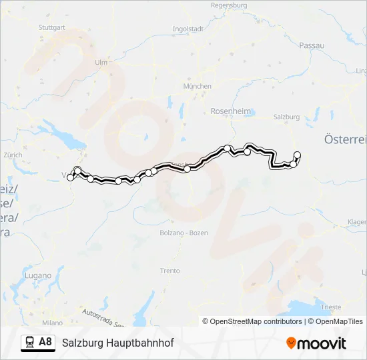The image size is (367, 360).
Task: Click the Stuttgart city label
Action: pyautogui.click(x=52, y=27)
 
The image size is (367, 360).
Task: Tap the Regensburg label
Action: pyautogui.click(x=229, y=5)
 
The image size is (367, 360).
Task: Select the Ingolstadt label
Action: pyautogui.click(x=188, y=29)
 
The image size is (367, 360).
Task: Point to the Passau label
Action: pyautogui.click(x=312, y=45)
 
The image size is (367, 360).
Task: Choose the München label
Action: pyautogui.click(x=198, y=86)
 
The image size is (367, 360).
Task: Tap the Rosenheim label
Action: pyautogui.click(x=229, y=111)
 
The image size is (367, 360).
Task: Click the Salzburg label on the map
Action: pyautogui.click(x=286, y=116)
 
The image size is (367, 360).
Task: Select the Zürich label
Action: pyautogui.click(x=13, y=155)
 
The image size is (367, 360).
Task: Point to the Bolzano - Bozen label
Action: pyautogui.click(x=184, y=233)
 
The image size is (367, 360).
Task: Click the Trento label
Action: pyautogui.click(x=170, y=271)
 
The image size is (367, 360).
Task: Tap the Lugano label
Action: pyautogui.click(x=37, y=275)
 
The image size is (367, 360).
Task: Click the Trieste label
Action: pyautogui.click(x=331, y=307)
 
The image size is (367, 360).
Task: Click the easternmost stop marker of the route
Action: pyautogui.click(x=297, y=155)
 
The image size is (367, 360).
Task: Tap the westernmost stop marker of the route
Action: pyautogui.click(x=70, y=177)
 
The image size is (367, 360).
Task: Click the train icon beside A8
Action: pyautogui.click(x=29, y=343)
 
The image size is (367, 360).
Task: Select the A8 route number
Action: pyautogui.click(x=45, y=343)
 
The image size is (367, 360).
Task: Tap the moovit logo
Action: pyautogui.click(x=316, y=343)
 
